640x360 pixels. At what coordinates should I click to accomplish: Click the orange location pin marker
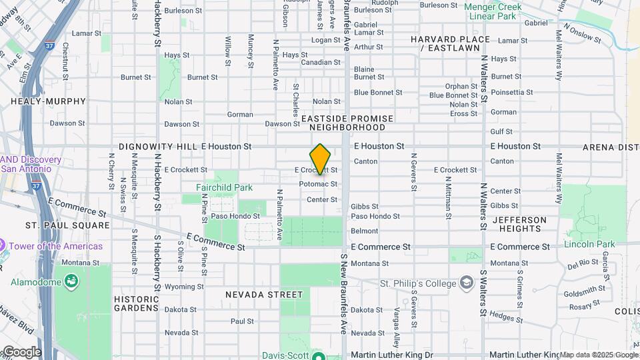321,159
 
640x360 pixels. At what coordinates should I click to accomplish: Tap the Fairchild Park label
225,188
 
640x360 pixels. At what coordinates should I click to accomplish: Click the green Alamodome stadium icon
69,283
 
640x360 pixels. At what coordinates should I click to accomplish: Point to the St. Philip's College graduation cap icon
466,283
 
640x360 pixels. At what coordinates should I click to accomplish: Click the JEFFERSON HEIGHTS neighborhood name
519,224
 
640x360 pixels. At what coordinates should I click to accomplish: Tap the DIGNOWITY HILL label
158,146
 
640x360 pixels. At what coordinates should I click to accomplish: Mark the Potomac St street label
318,183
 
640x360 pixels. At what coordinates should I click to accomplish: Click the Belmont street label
365,231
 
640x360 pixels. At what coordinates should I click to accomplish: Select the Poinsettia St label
513,92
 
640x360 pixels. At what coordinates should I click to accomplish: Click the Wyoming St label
184,287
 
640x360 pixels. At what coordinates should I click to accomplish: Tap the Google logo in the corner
21,352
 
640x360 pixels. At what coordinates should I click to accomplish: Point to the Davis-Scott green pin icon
318,355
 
